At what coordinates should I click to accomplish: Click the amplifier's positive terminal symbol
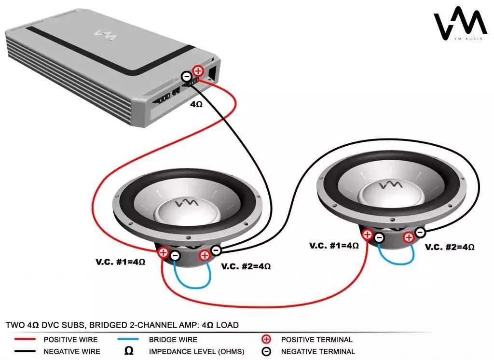pyautogui.click(x=197, y=71)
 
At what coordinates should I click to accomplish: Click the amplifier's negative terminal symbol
pyautogui.click(x=187, y=76)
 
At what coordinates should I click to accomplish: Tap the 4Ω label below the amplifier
pyautogui.click(x=196, y=104)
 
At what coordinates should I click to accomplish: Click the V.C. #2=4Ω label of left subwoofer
pyautogui.click(x=246, y=266)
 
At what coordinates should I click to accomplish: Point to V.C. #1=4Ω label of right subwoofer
pyautogui.click(x=334, y=246)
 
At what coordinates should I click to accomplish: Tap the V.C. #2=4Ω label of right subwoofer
pyautogui.click(x=450, y=247)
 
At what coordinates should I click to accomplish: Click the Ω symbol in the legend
pyautogui.click(x=129, y=351)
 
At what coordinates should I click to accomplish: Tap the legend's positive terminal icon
pyautogui.click(x=265, y=340)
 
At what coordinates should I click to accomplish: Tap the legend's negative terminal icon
pyautogui.click(x=265, y=352)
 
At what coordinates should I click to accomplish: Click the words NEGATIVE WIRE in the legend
pyautogui.click(x=72, y=352)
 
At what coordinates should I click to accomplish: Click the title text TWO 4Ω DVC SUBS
pyautogui.click(x=58, y=325)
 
